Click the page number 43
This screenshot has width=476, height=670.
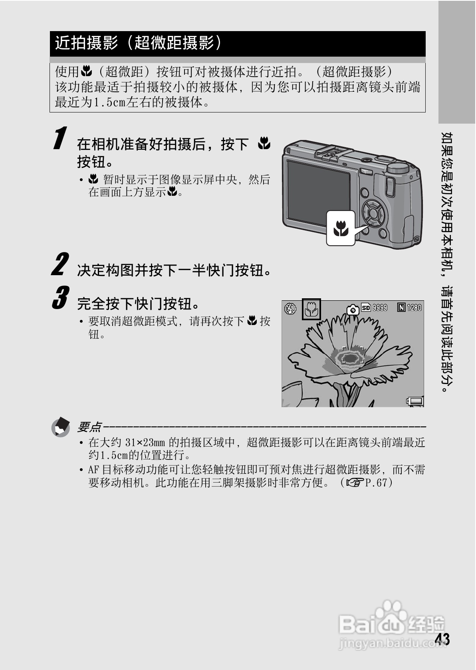(442, 639)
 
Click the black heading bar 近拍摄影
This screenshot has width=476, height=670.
(237, 43)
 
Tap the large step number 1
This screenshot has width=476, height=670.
(59, 138)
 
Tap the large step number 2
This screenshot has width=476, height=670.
(59, 264)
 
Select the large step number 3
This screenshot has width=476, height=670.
(60, 298)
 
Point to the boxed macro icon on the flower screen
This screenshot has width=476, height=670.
(311, 309)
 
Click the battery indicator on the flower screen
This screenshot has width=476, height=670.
(415, 401)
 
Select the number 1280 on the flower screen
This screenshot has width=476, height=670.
(414, 307)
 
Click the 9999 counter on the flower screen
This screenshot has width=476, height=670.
(380, 307)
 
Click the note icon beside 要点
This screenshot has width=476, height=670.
(61, 427)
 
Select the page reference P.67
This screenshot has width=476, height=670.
(376, 483)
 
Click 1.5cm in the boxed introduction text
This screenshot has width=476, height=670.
(109, 102)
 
